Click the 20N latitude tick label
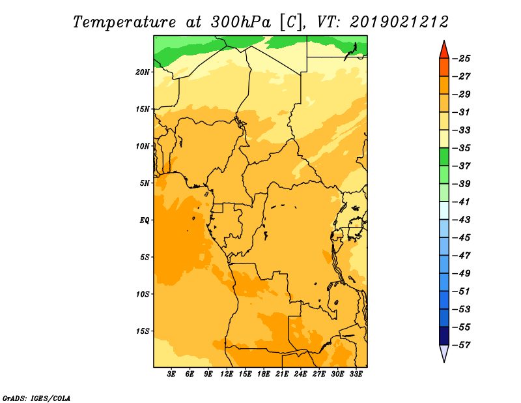pos(143,72)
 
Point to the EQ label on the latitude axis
pos(145,220)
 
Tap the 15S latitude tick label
pos(143,331)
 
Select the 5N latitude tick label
pos(145,183)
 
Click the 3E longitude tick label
pos(172,374)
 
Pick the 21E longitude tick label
pos(283,374)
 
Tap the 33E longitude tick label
pos(356,374)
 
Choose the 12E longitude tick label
pos(227,374)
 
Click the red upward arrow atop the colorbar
pos(444,50)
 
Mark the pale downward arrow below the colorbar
pos(444,353)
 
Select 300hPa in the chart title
pos(240,22)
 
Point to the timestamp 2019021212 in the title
pos(399,22)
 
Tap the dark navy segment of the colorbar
pos(444,336)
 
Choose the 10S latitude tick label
pos(143,293)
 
